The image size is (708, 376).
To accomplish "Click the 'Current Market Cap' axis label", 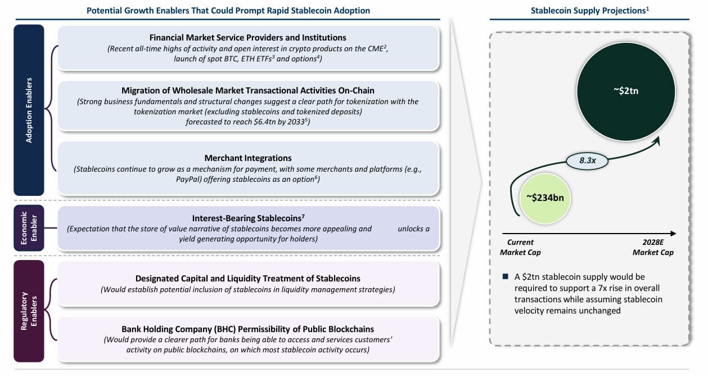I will [x=520, y=247].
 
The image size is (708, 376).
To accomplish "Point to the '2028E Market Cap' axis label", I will [x=653, y=247].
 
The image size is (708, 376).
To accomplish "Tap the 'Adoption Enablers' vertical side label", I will [x=29, y=110].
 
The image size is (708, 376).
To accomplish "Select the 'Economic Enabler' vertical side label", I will [x=29, y=228].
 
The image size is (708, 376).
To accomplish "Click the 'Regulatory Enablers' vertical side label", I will [x=29, y=311].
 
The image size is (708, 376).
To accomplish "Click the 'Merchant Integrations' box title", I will [x=248, y=158].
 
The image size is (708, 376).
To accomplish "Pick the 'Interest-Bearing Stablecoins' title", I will [x=248, y=218].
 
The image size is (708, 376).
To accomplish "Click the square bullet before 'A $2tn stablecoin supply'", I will [x=505, y=277].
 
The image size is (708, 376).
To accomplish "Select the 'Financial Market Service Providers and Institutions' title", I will [x=248, y=38].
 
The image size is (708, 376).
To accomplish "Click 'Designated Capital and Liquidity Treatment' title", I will [x=248, y=279].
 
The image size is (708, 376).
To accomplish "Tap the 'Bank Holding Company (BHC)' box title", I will [x=248, y=329].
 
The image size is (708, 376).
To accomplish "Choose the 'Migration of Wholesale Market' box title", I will [x=248, y=90].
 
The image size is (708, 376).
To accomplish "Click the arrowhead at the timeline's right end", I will [x=674, y=233].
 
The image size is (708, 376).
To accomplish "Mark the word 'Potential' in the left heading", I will [x=104, y=10].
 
